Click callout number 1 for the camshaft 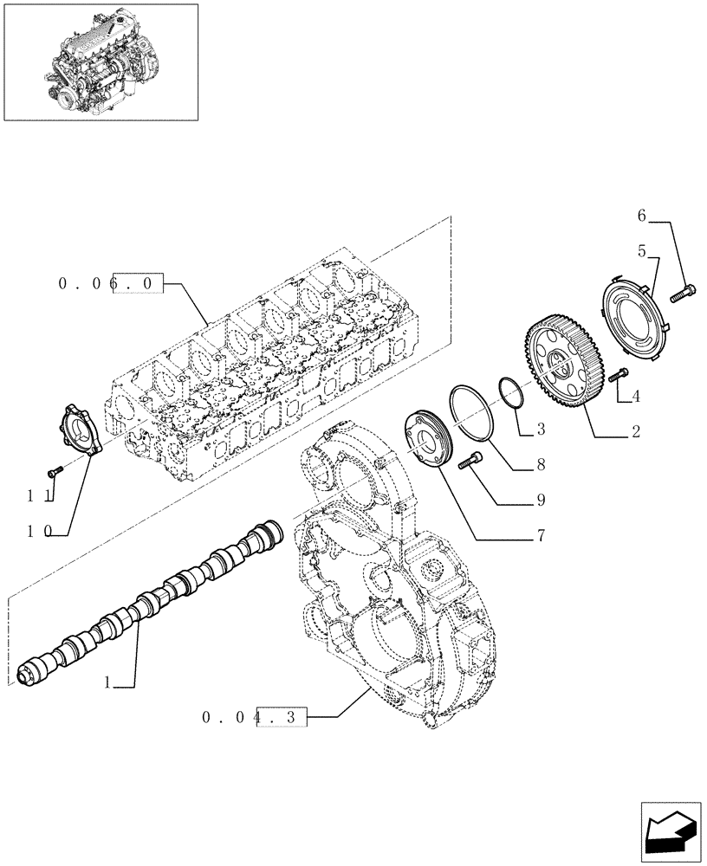tap(107, 683)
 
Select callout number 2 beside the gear tap(635, 430)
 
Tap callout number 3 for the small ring tap(540, 429)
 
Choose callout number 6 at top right tap(641, 215)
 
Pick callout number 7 tap(540, 537)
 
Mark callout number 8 tap(540, 465)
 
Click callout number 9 tap(540, 500)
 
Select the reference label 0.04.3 tap(254, 717)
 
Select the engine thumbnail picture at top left tap(101, 61)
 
